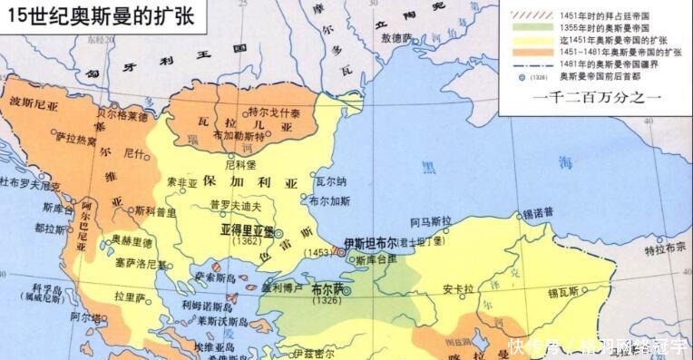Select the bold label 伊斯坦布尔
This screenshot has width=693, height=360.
371,243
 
